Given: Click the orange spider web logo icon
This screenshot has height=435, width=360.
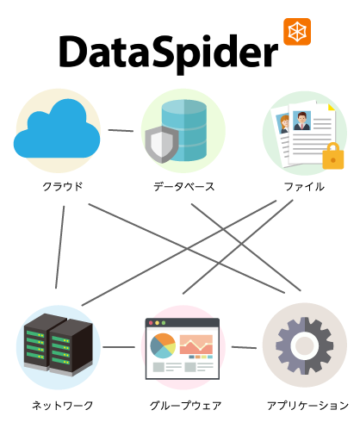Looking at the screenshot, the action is click(x=297, y=32).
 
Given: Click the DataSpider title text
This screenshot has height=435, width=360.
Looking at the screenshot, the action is click(x=169, y=54).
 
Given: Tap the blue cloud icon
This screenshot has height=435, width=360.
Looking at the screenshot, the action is click(x=57, y=128).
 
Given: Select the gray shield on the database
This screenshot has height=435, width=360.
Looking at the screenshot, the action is click(x=162, y=144).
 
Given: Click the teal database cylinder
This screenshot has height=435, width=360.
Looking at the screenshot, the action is click(x=184, y=130).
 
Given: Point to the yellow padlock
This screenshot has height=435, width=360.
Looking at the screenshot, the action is click(x=333, y=156).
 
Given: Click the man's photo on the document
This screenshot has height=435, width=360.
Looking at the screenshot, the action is click(x=301, y=121).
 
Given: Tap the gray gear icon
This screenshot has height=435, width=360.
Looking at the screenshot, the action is click(x=305, y=345).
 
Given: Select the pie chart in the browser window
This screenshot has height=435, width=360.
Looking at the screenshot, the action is click(x=163, y=345).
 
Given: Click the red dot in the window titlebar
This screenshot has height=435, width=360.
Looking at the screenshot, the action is click(x=151, y=323).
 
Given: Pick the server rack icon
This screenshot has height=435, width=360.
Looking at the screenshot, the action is click(x=59, y=345).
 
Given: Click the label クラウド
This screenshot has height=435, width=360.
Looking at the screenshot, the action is click(x=63, y=187).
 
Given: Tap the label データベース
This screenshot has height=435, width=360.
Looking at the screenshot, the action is click(x=183, y=187).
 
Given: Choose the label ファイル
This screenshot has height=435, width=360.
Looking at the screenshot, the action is click(x=304, y=187).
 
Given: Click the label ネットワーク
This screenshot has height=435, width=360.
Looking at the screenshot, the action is click(x=63, y=406).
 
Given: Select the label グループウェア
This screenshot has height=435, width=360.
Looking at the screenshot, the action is click(x=185, y=406).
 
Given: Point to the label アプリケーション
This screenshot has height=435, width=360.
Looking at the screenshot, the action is click(x=307, y=406).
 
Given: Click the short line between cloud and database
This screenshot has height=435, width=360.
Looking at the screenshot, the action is click(x=121, y=130).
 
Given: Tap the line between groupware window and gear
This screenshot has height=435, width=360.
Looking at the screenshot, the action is click(x=244, y=347).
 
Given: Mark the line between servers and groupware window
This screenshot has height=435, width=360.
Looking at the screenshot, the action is click(x=119, y=347).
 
